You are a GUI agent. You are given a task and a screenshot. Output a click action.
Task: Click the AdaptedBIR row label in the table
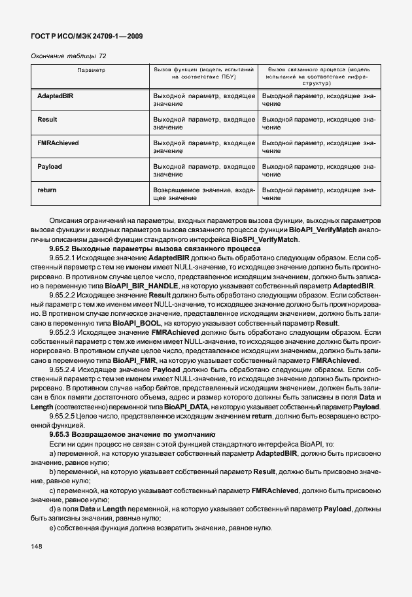(x=56, y=96)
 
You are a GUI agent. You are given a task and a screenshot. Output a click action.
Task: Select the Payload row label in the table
(x=50, y=167)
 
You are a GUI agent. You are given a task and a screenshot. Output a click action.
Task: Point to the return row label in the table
(x=47, y=190)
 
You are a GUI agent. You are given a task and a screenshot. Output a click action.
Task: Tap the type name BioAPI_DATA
(x=188, y=406)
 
